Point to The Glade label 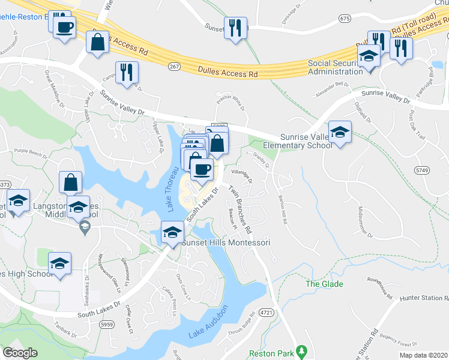pyautogui.click(x=325, y=284)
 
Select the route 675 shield pyautogui.click(x=344, y=19)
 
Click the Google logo pyautogui.click(x=20, y=353)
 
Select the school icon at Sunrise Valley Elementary pyautogui.click(x=340, y=132)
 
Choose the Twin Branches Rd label pyautogui.click(x=239, y=209)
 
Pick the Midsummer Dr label pyautogui.click(x=364, y=219)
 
